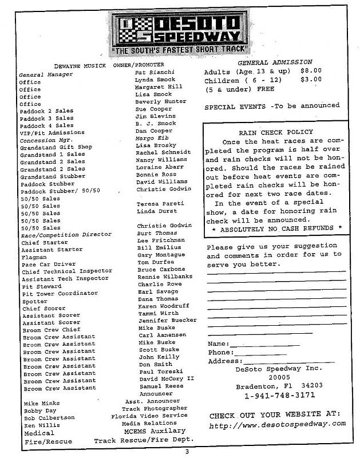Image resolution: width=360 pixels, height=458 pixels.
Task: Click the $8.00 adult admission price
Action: (312, 72)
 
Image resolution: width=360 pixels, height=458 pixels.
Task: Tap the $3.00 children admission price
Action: (312, 80)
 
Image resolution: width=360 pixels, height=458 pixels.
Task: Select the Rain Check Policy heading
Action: (273, 132)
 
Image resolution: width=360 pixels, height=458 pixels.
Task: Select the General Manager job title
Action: (43, 75)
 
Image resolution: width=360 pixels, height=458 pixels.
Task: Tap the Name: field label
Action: (218, 343)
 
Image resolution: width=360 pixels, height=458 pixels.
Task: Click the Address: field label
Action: (225, 361)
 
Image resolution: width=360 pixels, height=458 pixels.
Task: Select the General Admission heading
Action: (275, 62)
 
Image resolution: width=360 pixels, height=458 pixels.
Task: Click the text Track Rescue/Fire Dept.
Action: (144, 440)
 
